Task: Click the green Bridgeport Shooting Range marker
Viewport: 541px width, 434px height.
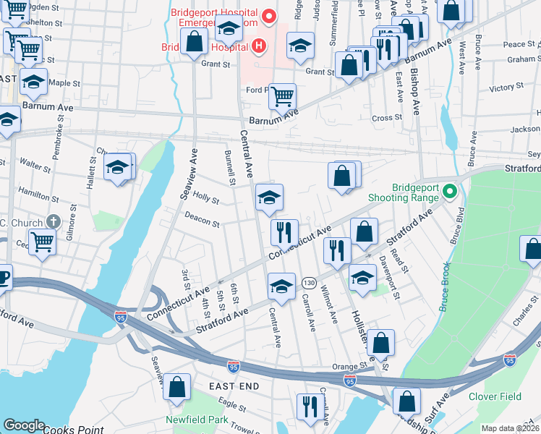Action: [x=449, y=192]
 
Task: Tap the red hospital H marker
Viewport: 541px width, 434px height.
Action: [x=259, y=47]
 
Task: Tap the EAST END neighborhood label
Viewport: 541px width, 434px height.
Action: [x=234, y=387]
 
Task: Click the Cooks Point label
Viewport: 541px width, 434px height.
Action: [x=72, y=430]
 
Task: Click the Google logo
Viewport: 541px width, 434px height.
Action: [x=24, y=425]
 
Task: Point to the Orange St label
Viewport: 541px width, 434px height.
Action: [x=350, y=366]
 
